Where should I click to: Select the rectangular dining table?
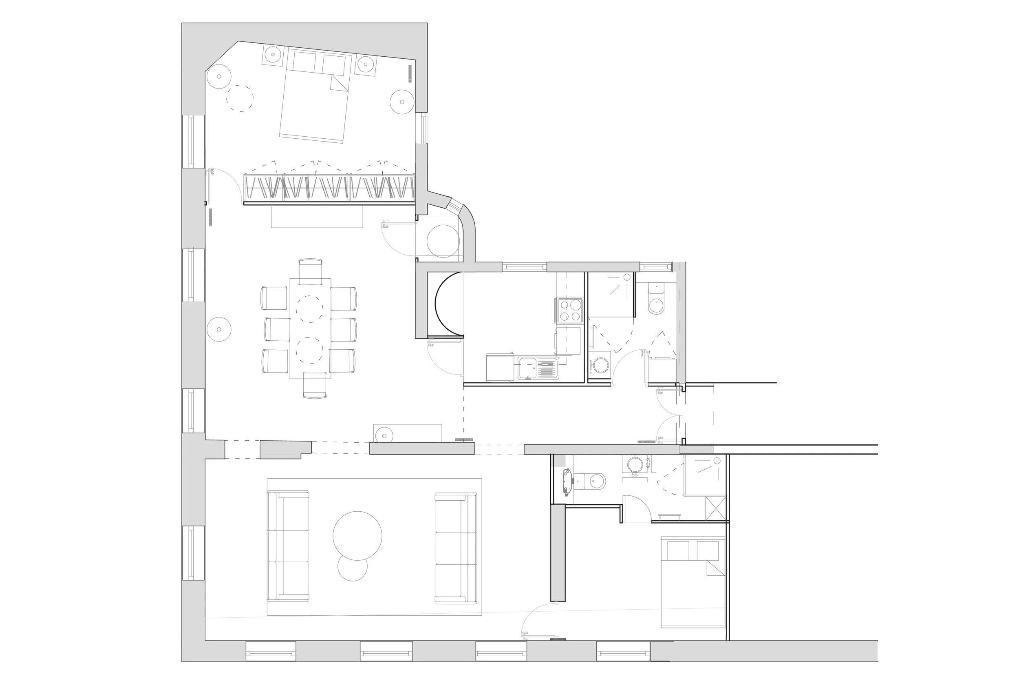coord(310,328)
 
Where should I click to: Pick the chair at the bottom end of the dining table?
coord(314,385)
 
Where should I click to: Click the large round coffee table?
coord(357,535)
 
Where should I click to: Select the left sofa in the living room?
coord(288,546)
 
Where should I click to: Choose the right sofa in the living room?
coord(456,548)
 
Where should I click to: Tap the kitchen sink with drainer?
coord(537,368)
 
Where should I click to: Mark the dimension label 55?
coord(634,475)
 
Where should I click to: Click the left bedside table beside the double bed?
coord(273,55)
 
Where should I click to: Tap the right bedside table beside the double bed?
coord(365,64)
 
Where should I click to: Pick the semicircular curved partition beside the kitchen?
coord(447,304)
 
